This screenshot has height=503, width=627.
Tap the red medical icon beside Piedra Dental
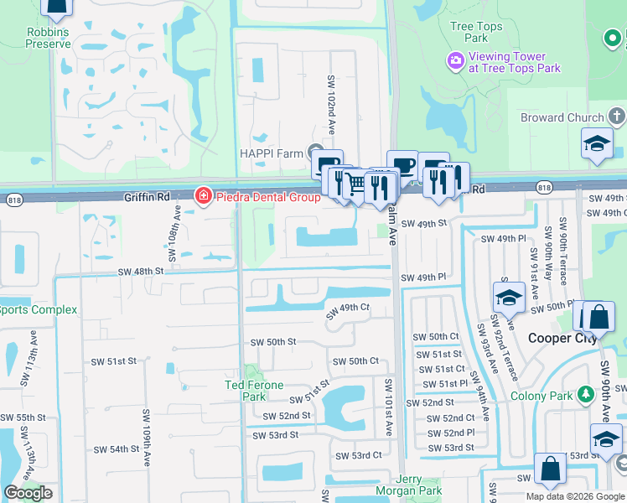(x=202, y=197)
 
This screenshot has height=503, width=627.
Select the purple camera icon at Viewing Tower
(x=456, y=60)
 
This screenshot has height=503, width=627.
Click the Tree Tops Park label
(x=476, y=32)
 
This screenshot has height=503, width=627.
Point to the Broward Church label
(x=562, y=117)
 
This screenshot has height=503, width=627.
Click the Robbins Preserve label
(x=48, y=38)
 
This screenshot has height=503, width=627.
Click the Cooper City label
(x=561, y=338)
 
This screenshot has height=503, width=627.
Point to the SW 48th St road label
(x=140, y=272)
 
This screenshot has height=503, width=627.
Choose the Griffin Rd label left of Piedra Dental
(x=147, y=197)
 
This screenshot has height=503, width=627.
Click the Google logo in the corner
(x=28, y=493)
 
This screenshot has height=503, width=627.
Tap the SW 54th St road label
(x=116, y=449)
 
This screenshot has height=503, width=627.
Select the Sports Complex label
(x=39, y=310)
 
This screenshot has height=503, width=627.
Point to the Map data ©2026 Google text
(x=576, y=496)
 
